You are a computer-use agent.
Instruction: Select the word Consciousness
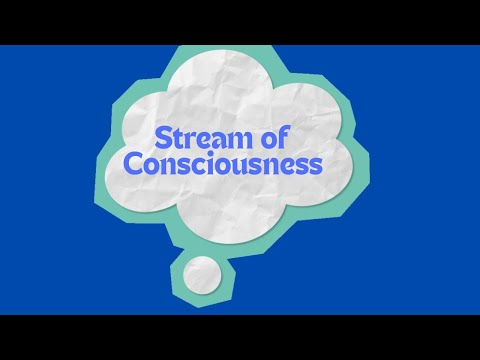point(236,165)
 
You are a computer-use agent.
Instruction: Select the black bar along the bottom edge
point(240,337)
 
